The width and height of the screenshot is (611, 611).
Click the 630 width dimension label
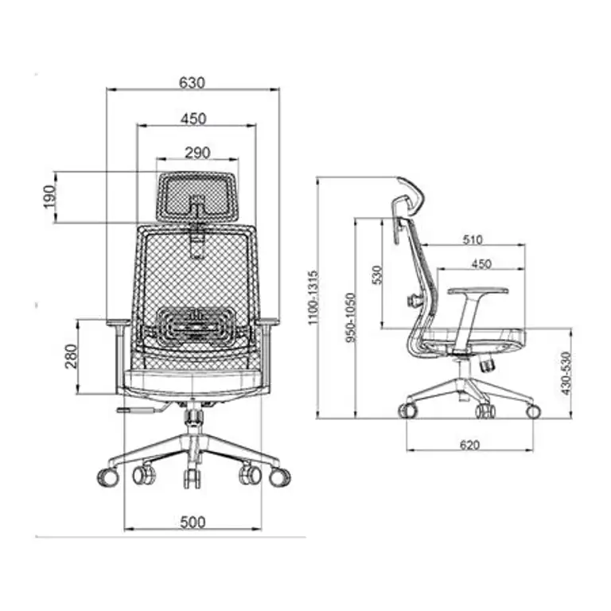(192, 83)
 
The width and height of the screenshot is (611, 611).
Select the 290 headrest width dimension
(197, 153)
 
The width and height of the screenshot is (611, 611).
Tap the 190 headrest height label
(49, 197)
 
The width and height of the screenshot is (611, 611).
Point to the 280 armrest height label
(72, 356)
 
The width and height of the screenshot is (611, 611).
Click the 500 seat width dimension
(193, 523)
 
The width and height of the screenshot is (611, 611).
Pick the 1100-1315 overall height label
(313, 298)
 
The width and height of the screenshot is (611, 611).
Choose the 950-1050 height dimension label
(351, 317)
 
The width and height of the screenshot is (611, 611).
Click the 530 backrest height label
(377, 274)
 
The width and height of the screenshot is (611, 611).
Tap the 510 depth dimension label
(473, 239)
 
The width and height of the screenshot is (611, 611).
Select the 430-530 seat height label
(566, 373)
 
